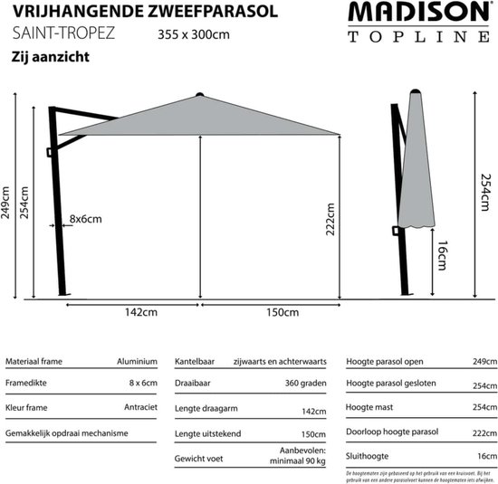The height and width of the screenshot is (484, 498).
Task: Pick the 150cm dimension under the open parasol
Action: pos(281,313)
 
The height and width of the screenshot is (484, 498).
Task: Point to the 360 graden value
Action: pos(306,384)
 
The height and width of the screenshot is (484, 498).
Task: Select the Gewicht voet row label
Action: pos(200,456)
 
